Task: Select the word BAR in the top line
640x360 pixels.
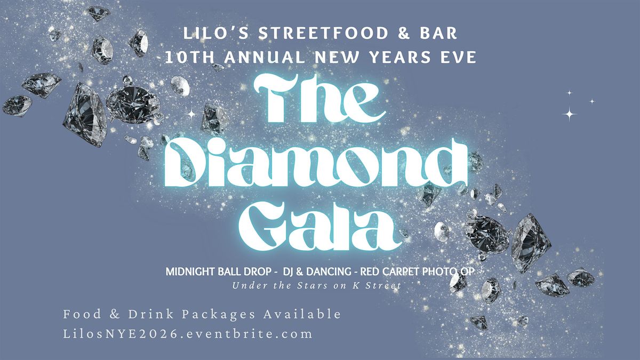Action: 439,34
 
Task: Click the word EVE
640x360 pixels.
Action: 455,57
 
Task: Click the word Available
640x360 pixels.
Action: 299,314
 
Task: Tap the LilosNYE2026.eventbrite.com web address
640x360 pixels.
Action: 187,334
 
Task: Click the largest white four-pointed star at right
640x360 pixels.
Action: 570,114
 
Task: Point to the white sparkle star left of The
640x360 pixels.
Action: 190,113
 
